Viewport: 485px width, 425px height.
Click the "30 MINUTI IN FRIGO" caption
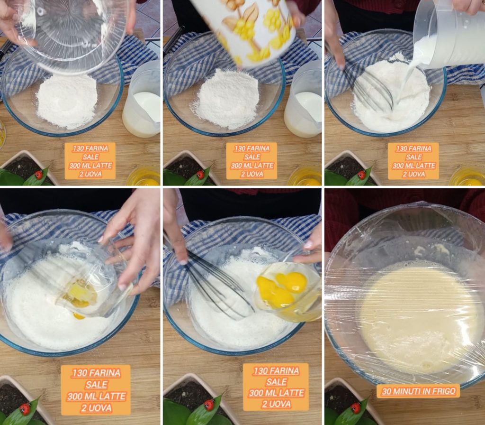point(419,391)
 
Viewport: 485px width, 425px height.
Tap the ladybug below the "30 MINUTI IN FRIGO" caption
point(356,408)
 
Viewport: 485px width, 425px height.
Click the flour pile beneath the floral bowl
point(227,99)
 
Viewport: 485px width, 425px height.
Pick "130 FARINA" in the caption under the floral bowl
point(252,148)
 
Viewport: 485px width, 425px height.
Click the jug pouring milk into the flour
point(450,34)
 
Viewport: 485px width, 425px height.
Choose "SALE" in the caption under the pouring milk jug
point(413,157)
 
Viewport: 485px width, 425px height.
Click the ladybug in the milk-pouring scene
point(361,175)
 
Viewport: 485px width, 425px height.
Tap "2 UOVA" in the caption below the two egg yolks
point(276,404)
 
